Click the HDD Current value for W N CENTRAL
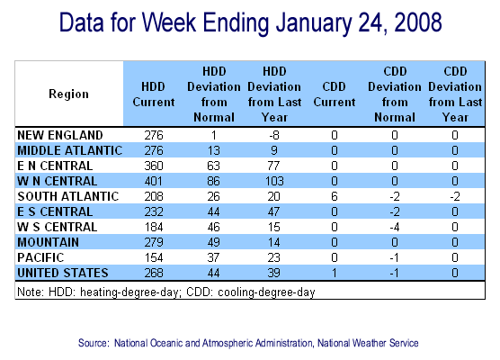pos(154,181)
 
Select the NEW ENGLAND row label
pos(60,135)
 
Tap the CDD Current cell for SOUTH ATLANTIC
pos(335,196)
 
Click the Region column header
pos(68,94)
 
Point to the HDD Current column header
pos(154,94)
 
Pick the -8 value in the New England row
pos(274,135)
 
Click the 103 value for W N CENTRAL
pos(274,181)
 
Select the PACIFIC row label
pos(40,258)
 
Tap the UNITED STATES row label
pos(63,274)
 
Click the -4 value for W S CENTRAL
pos(395,227)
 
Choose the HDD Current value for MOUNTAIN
pos(154,243)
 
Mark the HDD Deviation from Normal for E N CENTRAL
pos(214,166)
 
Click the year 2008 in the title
pos(418,22)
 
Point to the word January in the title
pos(314,24)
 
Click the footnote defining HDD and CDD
pos(165,292)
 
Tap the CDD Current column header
pos(335,94)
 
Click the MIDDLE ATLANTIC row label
pos(70,150)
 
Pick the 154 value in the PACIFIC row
pos(154,258)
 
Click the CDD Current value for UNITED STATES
pos(335,274)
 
